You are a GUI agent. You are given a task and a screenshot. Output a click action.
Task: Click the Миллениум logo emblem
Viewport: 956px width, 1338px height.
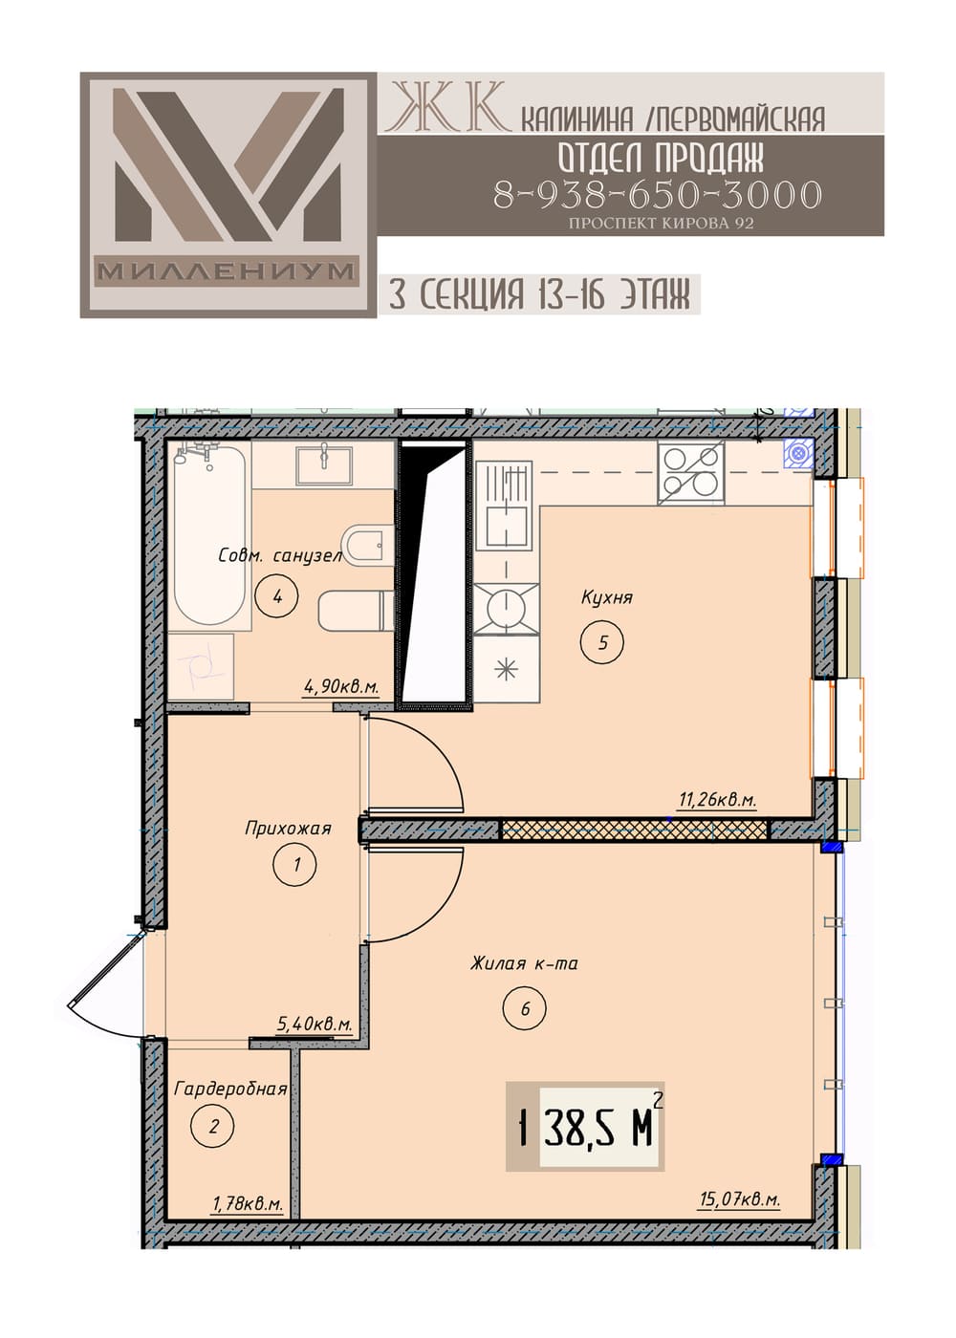coord(228,195)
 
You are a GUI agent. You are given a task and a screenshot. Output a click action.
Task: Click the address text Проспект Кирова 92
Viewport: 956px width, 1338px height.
coord(661,223)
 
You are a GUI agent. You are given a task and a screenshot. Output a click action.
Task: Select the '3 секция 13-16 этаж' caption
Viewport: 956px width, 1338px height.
coord(539,294)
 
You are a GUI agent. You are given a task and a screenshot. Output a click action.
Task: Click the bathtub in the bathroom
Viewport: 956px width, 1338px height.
coord(209,536)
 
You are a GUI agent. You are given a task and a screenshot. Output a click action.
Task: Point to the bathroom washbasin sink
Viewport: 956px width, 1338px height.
coord(324,464)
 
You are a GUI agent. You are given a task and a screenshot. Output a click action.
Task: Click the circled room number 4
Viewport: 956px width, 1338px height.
coord(276,595)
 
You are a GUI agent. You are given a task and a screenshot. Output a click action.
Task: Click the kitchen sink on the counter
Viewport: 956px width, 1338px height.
coord(508,506)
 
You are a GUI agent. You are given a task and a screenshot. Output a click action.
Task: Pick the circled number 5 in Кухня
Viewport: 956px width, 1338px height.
coord(602,642)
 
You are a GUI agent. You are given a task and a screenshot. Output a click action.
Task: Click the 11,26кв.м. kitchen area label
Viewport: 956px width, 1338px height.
coord(718,800)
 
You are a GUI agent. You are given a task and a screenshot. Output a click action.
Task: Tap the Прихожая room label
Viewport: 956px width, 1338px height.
coord(288,828)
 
